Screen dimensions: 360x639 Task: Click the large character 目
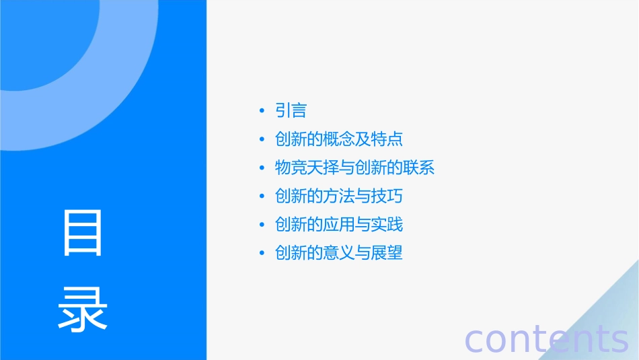click(x=83, y=233)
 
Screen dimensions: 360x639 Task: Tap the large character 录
click(x=83, y=310)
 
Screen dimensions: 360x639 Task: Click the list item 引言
click(x=291, y=110)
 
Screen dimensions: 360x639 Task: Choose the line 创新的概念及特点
click(x=339, y=139)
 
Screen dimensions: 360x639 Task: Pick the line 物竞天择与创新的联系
click(x=355, y=168)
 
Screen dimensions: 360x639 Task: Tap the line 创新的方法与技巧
click(x=339, y=196)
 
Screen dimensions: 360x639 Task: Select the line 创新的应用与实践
click(x=339, y=225)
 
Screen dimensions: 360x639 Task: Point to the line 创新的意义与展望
click(x=339, y=253)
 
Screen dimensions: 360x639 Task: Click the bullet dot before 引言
click(x=262, y=111)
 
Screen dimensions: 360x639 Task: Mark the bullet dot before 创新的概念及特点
click(x=262, y=140)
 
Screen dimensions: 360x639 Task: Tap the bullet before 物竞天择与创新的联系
click(x=262, y=168)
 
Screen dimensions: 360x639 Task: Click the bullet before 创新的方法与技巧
click(x=262, y=197)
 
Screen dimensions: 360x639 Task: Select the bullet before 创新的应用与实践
click(x=262, y=225)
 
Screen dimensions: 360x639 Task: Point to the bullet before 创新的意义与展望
click(x=262, y=254)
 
